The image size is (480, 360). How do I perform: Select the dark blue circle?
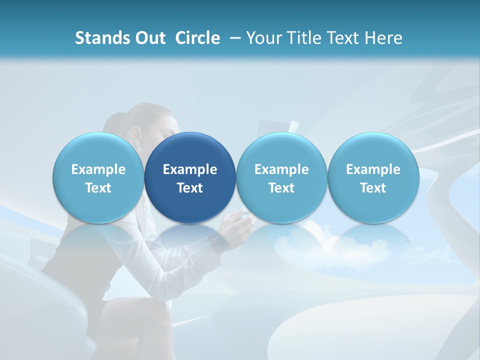(190, 177)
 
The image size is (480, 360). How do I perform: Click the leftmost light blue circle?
(98, 177)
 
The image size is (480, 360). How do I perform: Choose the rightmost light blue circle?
(373, 177)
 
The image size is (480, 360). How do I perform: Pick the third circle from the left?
(281, 177)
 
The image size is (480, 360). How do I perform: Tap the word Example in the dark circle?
(190, 169)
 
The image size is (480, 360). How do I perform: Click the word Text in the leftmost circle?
(98, 188)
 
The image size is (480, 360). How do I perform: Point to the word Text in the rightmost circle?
(373, 188)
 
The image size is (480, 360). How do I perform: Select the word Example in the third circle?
(281, 169)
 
